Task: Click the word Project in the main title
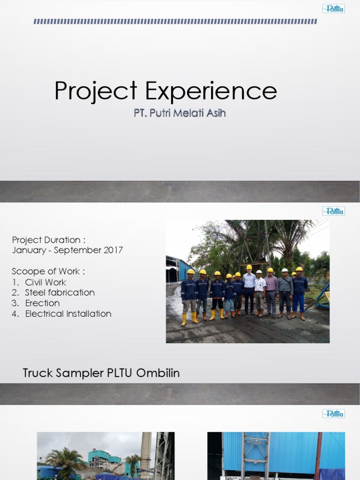pos(96,91)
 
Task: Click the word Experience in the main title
pos(211,91)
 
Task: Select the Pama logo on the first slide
pos(333,8)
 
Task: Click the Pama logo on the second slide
pos(333,211)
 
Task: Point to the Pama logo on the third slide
pos(333,413)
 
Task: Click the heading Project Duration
pos(49,240)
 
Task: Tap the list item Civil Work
pos(45,282)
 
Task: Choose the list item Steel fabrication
pos(60,292)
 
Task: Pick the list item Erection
pos(42,303)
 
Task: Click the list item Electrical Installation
pos(68,314)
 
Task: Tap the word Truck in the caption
pos(37,374)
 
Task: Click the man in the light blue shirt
pos(249,291)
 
